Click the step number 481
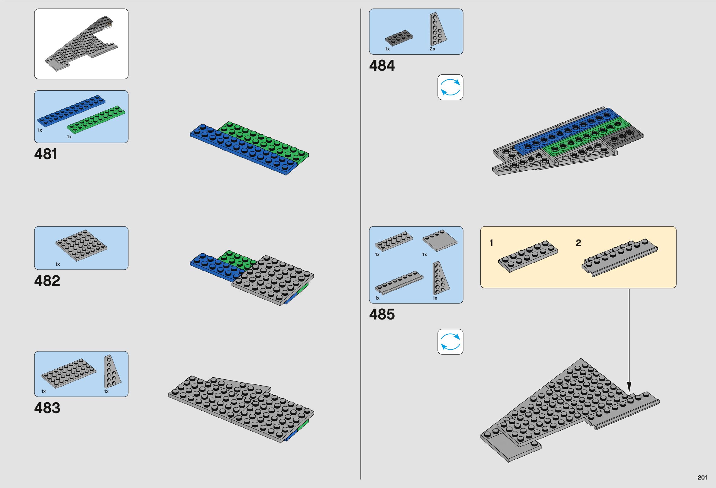[46, 154]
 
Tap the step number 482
[47, 281]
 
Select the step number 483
[47, 408]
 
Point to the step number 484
[382, 66]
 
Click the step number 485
[382, 315]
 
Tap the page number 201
[702, 477]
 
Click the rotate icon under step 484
[450, 87]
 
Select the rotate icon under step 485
[450, 342]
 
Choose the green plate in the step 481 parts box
[96, 120]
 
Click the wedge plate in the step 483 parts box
[112, 372]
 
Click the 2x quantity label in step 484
[432, 49]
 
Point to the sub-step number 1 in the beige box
[492, 243]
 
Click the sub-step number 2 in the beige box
[578, 243]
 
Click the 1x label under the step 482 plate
[58, 264]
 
